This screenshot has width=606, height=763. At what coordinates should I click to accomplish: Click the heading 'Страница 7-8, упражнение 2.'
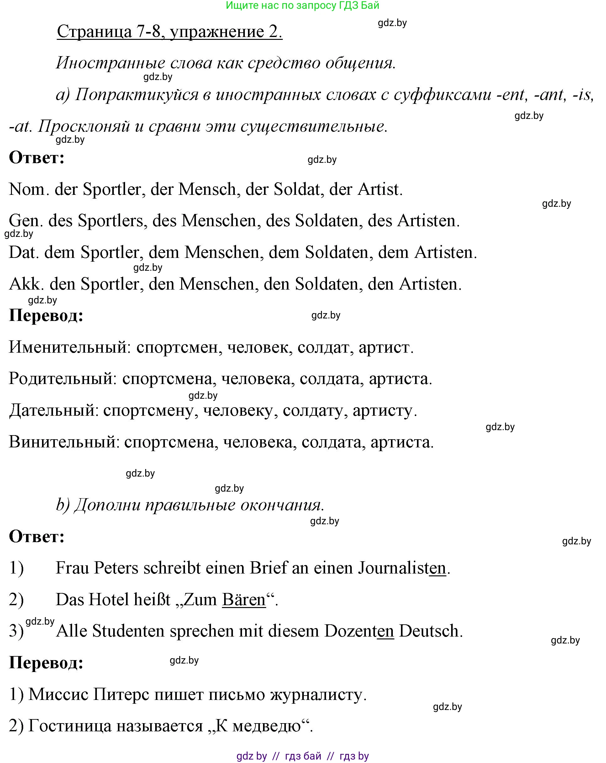pos(169,32)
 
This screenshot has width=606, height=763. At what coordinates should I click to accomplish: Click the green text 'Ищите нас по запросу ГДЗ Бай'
pos(302,5)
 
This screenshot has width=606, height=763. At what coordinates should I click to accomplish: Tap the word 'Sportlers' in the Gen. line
pos(110,221)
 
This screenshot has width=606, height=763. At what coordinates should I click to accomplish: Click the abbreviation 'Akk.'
pos(27,284)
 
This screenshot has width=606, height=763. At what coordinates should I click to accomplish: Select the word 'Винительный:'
pos(64,442)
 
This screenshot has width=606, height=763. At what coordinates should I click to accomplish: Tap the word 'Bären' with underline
pos(244,600)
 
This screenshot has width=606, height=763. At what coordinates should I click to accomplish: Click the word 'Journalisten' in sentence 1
pos(402,568)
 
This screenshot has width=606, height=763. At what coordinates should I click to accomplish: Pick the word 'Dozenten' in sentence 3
pos(359,631)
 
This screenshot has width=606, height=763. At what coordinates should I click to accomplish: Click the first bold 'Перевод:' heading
pos(46,315)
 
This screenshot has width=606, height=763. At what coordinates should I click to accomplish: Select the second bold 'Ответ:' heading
pos(37,536)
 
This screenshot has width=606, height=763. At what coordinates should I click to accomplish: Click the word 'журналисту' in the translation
pos(316,694)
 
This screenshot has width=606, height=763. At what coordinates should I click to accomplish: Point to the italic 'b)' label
pos(63,505)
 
